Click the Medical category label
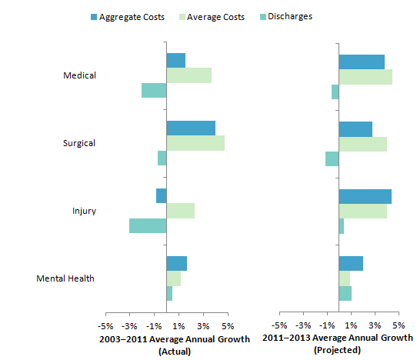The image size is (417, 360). (x=80, y=75)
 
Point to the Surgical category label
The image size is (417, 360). (x=79, y=143)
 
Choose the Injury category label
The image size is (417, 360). (x=84, y=211)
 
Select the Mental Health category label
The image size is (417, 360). (x=65, y=278)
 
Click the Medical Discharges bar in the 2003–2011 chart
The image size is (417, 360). (x=154, y=90)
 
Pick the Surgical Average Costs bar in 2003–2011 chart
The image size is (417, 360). (x=195, y=143)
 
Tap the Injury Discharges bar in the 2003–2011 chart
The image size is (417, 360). (x=148, y=225)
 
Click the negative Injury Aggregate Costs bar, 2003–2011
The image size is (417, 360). (x=161, y=196)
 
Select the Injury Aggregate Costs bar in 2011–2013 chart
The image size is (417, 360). (x=365, y=196)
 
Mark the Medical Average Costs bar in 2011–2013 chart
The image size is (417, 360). (x=365, y=76)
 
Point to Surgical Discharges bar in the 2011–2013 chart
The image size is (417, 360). (x=332, y=158)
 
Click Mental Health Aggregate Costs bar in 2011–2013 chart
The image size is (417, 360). (x=351, y=264)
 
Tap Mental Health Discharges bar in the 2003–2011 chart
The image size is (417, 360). (x=169, y=293)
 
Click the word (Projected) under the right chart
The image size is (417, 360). (x=338, y=351)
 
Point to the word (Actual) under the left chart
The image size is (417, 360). (x=174, y=351)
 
